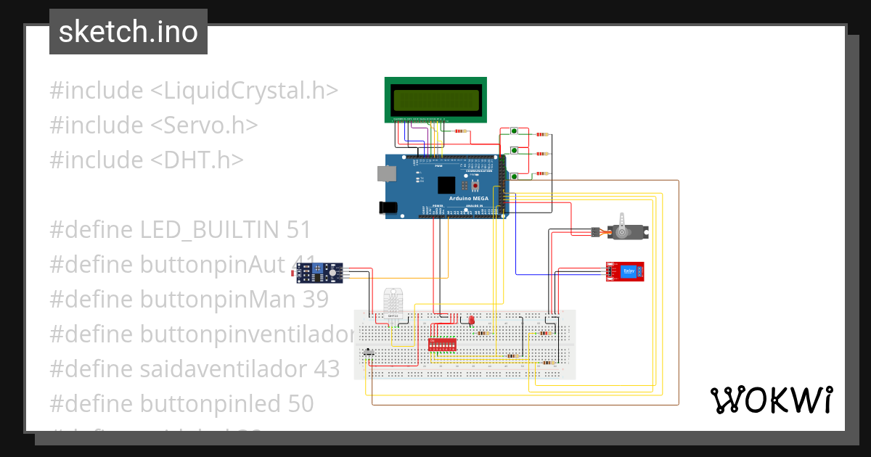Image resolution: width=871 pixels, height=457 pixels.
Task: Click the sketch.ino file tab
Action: tap(128, 32)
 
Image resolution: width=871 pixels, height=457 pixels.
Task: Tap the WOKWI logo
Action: tap(770, 400)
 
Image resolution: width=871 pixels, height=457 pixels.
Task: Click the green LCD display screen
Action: tap(435, 99)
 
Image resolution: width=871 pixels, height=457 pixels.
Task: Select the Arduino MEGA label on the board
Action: tap(468, 197)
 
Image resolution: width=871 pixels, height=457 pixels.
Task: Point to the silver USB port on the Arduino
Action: tap(385, 174)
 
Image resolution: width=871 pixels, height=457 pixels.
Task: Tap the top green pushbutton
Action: tap(514, 131)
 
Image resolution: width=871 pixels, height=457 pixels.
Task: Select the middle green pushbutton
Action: tap(514, 151)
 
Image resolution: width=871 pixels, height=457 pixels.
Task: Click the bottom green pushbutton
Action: tap(514, 176)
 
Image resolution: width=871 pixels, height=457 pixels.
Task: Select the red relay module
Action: tap(626, 271)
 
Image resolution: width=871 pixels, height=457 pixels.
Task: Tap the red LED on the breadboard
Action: tap(470, 320)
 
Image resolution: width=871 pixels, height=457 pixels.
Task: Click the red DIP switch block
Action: tap(445, 344)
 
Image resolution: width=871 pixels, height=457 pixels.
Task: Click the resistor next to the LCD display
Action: tap(459, 131)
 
